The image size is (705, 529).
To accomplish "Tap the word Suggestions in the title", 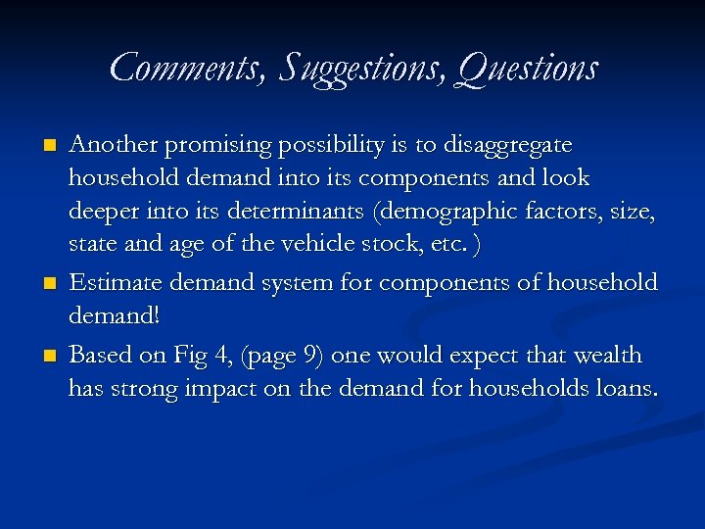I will click(356, 69).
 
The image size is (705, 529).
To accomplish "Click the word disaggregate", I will click(508, 145).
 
